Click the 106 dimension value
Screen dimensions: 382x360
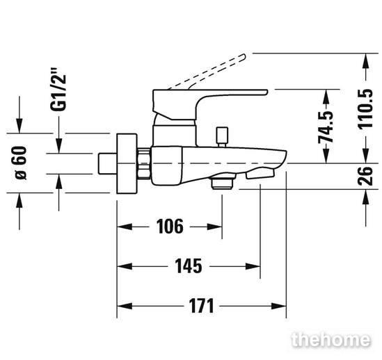170,227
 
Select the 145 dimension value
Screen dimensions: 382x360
189,266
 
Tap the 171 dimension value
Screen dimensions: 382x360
201,306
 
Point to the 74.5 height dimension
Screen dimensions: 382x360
326,126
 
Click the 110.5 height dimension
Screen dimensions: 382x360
365,109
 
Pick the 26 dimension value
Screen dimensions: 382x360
365,176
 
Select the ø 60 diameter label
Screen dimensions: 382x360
20,163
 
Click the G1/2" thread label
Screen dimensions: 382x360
58,90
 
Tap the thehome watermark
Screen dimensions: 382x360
331,340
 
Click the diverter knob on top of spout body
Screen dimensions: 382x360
223,137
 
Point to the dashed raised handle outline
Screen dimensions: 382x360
207,72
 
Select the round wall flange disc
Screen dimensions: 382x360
127,163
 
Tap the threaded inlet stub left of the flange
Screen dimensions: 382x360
107,163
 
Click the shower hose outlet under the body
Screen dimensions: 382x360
222,181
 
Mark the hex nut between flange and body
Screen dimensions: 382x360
144,163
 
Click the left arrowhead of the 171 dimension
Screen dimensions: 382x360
125,306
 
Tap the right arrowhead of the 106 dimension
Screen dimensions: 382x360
214,227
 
